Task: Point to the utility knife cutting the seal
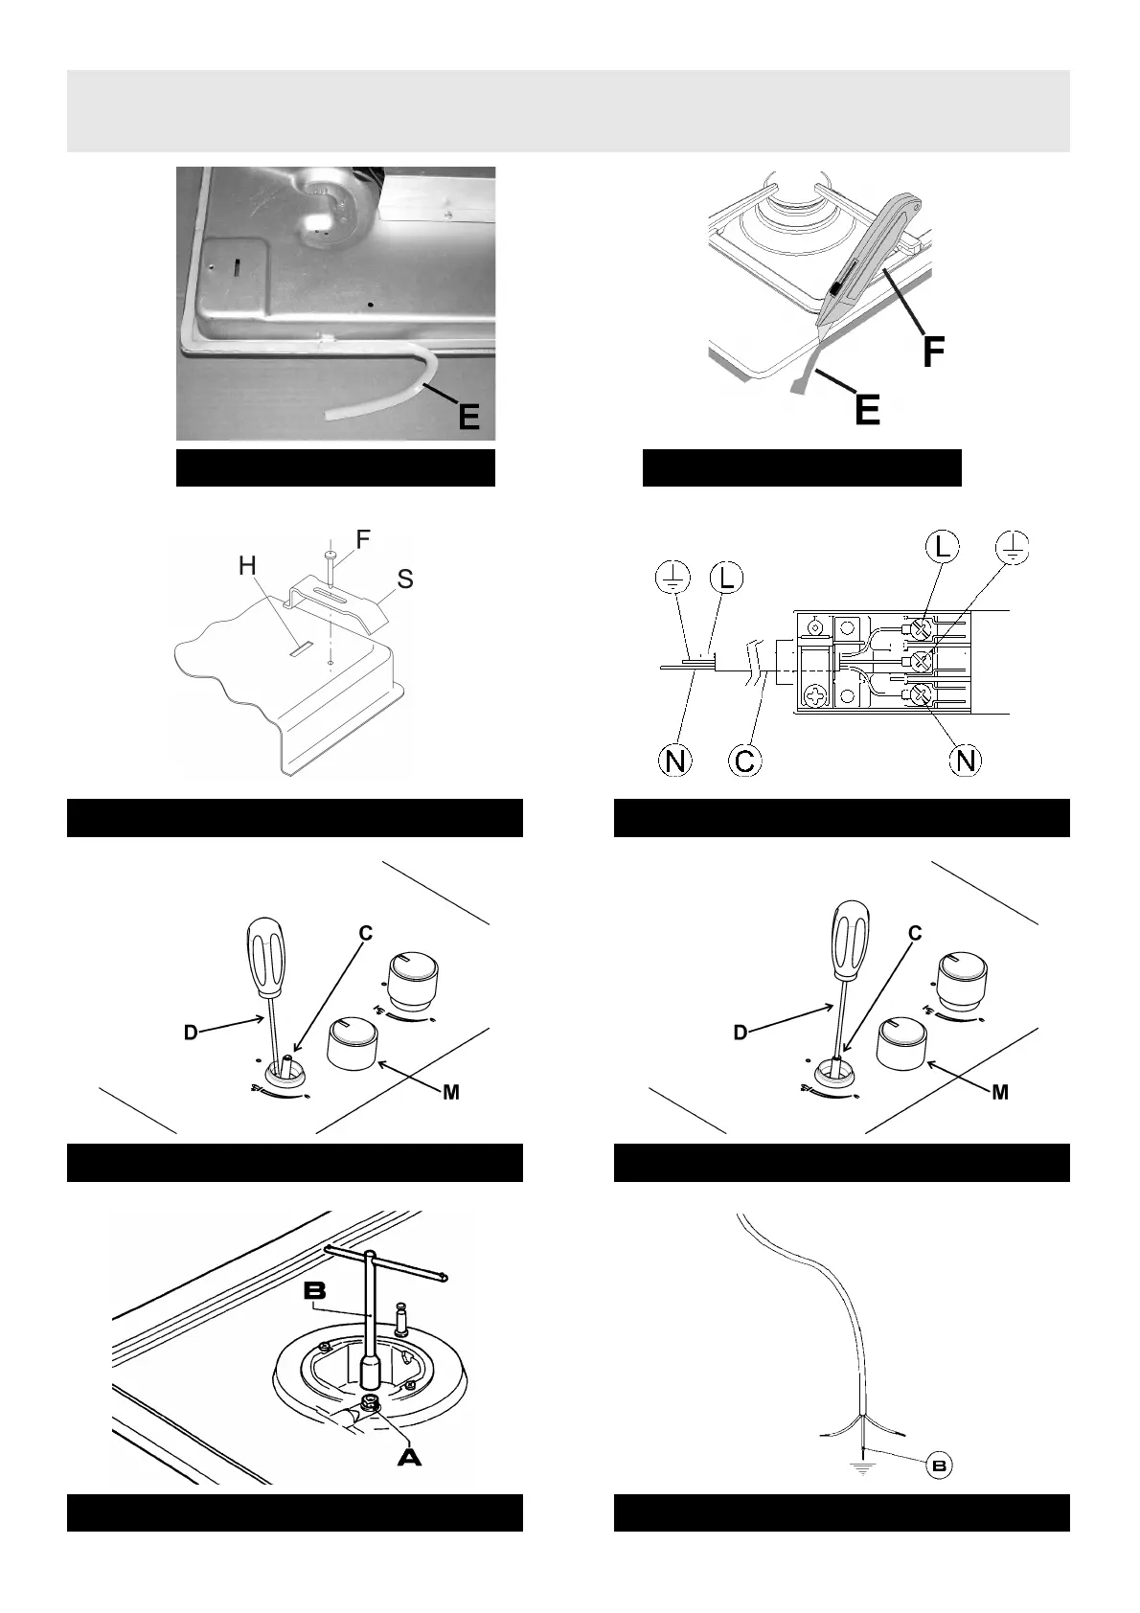[x=867, y=259]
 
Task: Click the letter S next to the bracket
[x=405, y=580]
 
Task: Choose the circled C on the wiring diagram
[x=744, y=761]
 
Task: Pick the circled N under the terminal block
[x=966, y=761]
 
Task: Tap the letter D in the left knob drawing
[x=191, y=1034]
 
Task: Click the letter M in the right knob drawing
[x=1000, y=1092]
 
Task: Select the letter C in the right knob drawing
[x=915, y=934]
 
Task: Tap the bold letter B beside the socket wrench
[x=315, y=1291]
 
